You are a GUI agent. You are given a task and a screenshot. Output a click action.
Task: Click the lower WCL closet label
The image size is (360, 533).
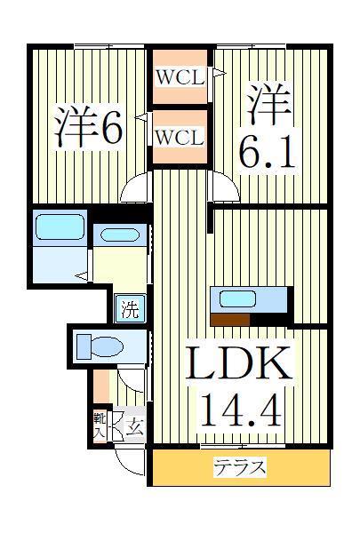(x=180, y=138)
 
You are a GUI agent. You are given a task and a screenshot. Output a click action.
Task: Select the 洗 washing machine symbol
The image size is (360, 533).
(x=131, y=310)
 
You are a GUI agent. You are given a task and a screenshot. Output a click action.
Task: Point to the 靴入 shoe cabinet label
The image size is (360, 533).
(x=100, y=425)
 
